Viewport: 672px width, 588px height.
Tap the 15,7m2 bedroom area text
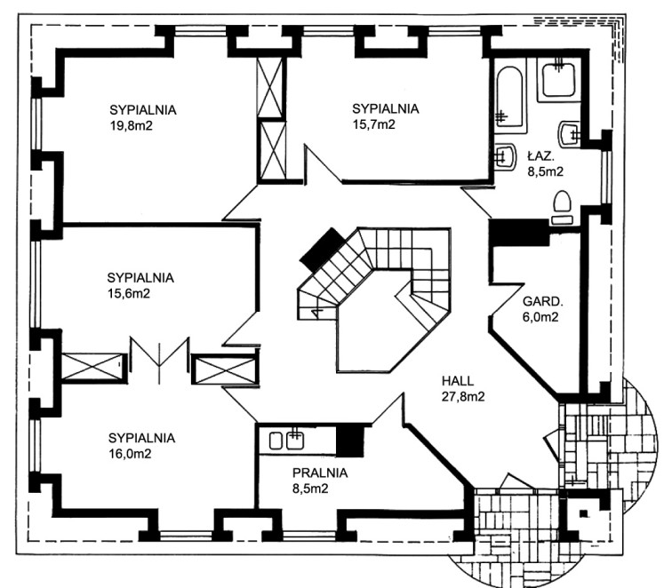(373, 124)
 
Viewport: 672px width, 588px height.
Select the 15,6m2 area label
(129, 293)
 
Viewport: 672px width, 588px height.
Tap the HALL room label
(458, 381)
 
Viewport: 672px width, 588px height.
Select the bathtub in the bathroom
(511, 99)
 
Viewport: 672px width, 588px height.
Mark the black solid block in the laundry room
(353, 437)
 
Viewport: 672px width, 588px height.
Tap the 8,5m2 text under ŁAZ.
(545, 171)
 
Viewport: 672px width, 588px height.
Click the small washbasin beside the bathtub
(505, 155)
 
